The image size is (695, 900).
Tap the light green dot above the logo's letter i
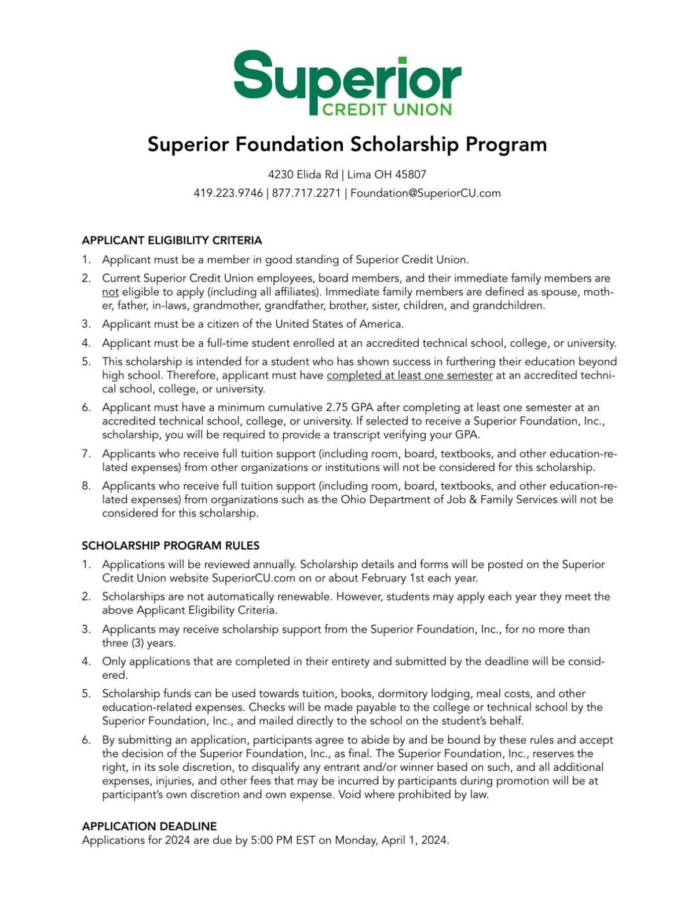click(402, 61)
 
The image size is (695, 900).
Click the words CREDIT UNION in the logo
click(386, 109)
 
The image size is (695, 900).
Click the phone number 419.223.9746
click(228, 193)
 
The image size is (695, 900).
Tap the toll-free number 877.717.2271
click(306, 193)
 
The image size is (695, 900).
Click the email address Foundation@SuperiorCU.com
click(425, 193)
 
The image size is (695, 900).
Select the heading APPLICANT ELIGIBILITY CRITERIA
click(172, 240)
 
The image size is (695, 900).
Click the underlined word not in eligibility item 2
click(110, 292)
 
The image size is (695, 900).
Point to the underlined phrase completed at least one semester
click(409, 375)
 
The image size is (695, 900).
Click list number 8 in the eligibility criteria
click(86, 486)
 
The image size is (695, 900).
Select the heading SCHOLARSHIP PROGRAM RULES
click(170, 546)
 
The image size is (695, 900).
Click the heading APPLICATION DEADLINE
click(149, 826)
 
